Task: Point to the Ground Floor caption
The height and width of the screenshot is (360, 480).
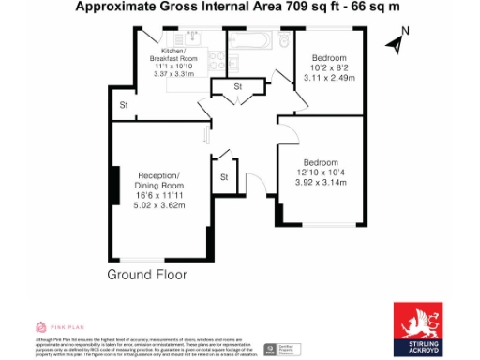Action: [146, 275]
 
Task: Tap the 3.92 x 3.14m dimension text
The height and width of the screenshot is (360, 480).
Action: [321, 183]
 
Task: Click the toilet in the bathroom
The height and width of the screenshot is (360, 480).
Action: [284, 40]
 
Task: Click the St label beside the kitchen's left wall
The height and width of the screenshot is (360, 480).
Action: [123, 105]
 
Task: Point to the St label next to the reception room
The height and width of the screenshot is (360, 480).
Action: [224, 175]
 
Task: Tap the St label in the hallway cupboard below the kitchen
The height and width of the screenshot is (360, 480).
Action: [238, 87]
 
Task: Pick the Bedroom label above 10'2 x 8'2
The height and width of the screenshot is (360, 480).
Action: [330, 57]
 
